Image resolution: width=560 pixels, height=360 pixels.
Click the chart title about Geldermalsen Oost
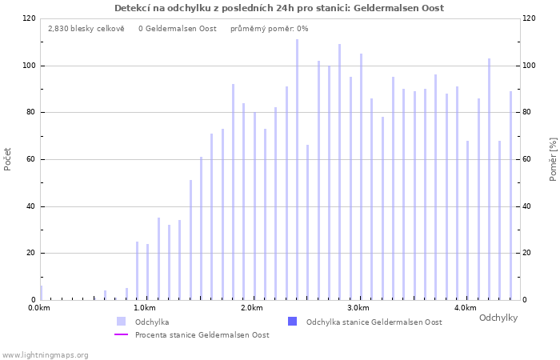(x=279, y=8)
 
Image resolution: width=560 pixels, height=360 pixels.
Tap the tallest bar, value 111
(x=297, y=169)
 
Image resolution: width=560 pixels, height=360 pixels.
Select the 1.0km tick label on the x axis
(x=144, y=308)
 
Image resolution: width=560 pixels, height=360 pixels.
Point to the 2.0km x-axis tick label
(x=251, y=308)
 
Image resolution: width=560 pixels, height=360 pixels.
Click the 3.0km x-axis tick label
(x=358, y=308)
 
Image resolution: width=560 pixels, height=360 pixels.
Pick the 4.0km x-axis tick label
(x=465, y=308)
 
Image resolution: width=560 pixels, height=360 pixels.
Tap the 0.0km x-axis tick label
(x=38, y=308)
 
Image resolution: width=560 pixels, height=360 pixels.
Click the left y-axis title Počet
(x=8, y=158)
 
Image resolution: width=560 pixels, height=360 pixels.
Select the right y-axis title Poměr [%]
(x=553, y=158)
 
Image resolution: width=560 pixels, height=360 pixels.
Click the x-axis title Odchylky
(x=498, y=318)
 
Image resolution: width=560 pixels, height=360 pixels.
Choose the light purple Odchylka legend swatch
(x=122, y=322)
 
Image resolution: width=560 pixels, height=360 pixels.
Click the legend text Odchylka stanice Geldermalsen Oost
(x=374, y=322)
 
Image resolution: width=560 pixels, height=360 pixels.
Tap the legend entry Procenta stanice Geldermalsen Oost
(x=202, y=334)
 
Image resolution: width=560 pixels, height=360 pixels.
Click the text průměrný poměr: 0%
(x=269, y=28)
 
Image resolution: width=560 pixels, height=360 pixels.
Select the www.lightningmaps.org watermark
(x=46, y=354)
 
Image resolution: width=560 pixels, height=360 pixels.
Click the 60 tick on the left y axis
(x=30, y=159)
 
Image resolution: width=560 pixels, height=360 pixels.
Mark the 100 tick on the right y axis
(x=530, y=66)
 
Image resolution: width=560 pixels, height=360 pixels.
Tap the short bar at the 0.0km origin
(x=41, y=293)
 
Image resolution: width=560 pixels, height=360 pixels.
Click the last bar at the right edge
(x=510, y=195)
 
